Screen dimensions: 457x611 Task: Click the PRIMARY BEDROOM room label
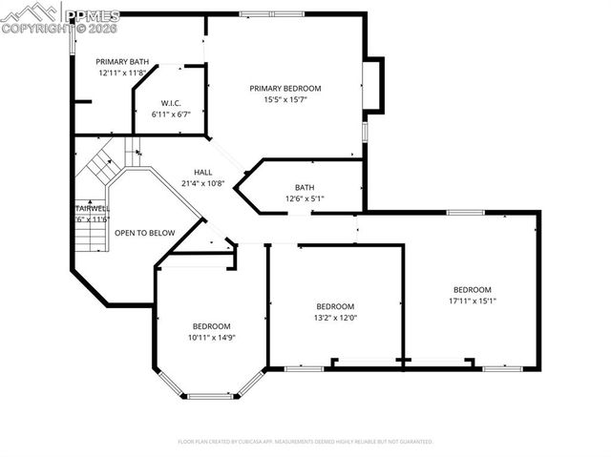click(x=285, y=88)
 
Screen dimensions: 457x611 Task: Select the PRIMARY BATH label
click(x=122, y=62)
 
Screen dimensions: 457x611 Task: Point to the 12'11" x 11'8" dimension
click(x=122, y=73)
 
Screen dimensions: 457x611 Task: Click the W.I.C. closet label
click(x=171, y=103)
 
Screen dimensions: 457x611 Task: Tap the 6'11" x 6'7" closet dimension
click(x=171, y=114)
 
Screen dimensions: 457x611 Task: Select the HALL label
click(x=202, y=173)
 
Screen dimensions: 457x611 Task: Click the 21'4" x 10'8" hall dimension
click(x=202, y=184)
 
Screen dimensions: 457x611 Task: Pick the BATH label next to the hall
click(x=305, y=188)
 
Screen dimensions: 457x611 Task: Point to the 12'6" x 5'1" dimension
click(x=305, y=199)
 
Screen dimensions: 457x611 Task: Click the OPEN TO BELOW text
click(x=144, y=233)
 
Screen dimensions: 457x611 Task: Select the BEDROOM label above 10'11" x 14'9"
click(x=211, y=325)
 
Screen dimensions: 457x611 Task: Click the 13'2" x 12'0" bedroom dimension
click(x=335, y=318)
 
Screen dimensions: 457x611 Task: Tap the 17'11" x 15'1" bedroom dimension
click(x=472, y=301)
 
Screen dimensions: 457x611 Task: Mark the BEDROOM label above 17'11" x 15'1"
click(x=472, y=290)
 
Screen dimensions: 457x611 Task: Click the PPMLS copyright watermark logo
click(x=60, y=19)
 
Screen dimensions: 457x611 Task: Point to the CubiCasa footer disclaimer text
click(x=305, y=442)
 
